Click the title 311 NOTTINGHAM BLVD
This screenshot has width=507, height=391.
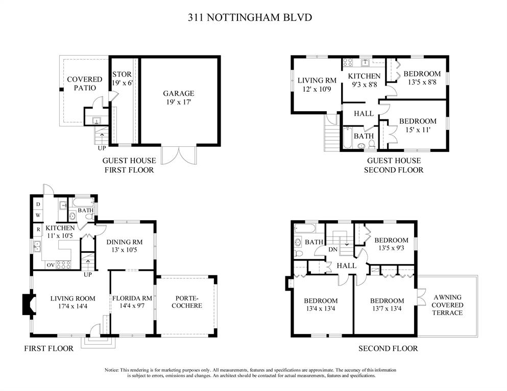point(250,17)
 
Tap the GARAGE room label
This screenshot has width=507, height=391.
point(179,94)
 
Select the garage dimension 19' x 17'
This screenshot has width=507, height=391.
point(179,102)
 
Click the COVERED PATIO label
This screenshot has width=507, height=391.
point(85,84)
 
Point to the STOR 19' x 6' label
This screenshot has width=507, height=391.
point(122,79)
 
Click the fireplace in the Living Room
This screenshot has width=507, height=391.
point(29,304)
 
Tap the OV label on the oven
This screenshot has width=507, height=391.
point(51,265)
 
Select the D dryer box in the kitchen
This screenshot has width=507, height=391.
point(38,204)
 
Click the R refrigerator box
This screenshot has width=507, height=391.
point(38,229)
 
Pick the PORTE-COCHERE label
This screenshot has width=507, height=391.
point(187,302)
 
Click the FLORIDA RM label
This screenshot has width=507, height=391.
point(132,299)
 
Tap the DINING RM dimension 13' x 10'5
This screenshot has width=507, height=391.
point(125,250)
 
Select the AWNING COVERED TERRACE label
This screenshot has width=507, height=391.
point(447,305)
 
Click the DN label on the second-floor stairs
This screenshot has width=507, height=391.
point(333,250)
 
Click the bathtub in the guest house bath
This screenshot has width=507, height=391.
point(348,138)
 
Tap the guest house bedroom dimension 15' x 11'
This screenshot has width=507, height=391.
point(418,130)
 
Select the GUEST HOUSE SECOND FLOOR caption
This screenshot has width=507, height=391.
point(394,165)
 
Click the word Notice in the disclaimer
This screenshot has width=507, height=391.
point(111,370)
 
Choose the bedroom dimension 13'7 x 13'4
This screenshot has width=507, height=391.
point(387,308)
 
